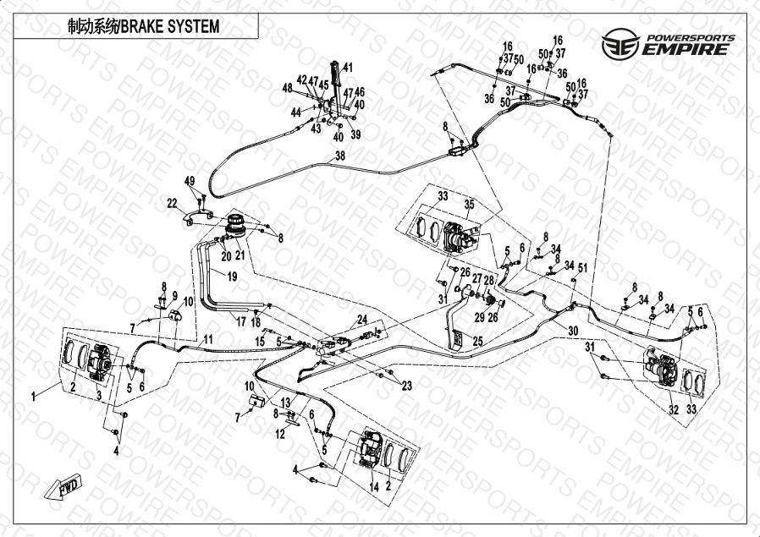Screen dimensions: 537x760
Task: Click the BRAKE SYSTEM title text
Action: click(x=143, y=26)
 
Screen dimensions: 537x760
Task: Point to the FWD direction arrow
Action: click(x=62, y=489)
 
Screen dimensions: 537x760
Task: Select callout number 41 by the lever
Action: click(x=348, y=68)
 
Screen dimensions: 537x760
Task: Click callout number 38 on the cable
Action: click(x=340, y=156)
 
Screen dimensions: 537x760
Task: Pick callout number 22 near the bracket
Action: click(x=172, y=203)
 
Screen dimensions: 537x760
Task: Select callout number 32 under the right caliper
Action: click(x=674, y=409)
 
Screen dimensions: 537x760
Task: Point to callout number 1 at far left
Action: click(x=35, y=396)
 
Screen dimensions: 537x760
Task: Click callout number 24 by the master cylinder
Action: click(x=362, y=319)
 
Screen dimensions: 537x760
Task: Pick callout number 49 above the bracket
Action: click(x=190, y=180)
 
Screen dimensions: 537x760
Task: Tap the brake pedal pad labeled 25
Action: click(x=455, y=340)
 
